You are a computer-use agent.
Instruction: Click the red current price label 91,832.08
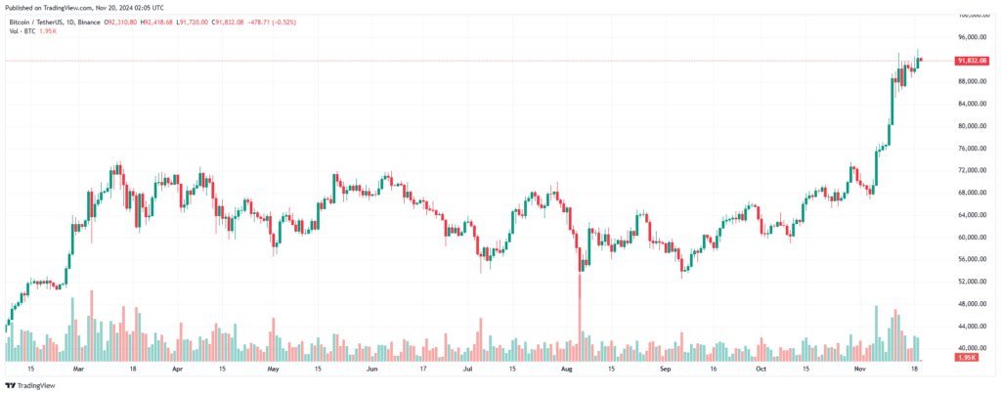pyautogui.click(x=973, y=61)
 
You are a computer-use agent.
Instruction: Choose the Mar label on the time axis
pyautogui.click(x=78, y=370)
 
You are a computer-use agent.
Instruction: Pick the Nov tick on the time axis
pyautogui.click(x=860, y=370)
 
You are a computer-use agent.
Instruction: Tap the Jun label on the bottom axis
pyautogui.click(x=372, y=370)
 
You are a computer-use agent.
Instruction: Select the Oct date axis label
pyautogui.click(x=761, y=370)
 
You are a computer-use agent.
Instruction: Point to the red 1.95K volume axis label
pyautogui.click(x=968, y=358)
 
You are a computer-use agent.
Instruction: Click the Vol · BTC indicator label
pyautogui.click(x=22, y=31)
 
